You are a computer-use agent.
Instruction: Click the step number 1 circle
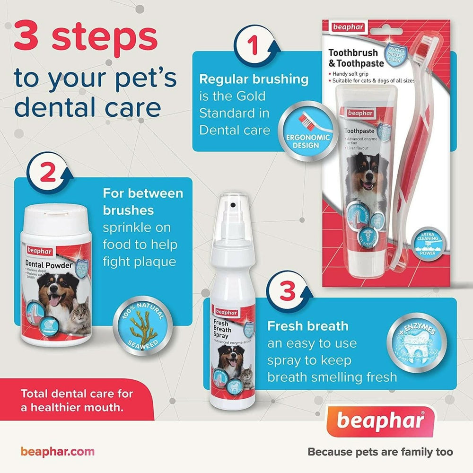pos(253,47)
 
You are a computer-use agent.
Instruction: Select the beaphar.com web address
pos(57,451)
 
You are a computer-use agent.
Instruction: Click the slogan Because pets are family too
pos(380,452)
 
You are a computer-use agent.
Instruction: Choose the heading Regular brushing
pos(254,79)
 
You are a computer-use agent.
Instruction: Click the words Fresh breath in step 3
pos(307,326)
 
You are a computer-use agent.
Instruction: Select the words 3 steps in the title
pos(85,39)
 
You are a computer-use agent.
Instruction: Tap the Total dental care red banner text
pos(77,400)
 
